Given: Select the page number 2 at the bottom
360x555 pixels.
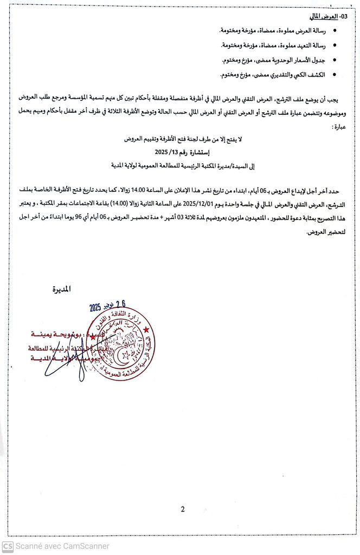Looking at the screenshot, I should coord(183,508).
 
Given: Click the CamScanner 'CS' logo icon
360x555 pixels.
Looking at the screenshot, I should coord(8,546).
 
